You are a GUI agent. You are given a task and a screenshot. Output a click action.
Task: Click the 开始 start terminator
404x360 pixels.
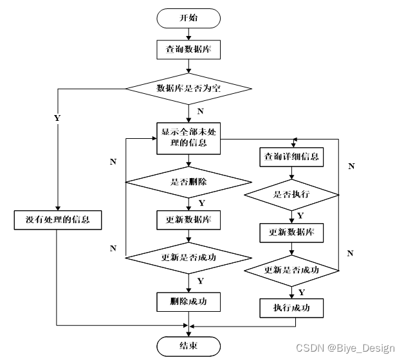point(188,18)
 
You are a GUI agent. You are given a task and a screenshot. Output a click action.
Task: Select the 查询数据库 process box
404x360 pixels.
point(188,50)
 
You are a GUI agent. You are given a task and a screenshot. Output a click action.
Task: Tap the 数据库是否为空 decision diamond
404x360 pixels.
point(188,88)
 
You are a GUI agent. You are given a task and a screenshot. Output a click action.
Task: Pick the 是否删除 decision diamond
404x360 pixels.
point(188,183)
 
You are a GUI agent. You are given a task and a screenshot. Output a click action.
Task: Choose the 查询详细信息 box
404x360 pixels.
point(292,157)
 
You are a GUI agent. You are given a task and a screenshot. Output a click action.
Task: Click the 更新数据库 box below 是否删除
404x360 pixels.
point(188,220)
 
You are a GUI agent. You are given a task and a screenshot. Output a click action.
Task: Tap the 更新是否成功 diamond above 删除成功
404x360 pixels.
point(188,258)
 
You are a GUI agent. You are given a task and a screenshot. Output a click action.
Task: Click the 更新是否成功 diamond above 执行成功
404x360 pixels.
point(292,269)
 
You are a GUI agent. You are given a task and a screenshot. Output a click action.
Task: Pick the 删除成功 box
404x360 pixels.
point(188,301)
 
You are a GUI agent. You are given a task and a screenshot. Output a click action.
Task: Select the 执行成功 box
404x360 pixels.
point(292,308)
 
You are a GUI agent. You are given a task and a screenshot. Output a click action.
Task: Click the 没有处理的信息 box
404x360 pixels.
point(57,221)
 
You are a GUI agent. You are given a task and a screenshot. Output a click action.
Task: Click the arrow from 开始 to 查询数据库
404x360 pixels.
point(188,34)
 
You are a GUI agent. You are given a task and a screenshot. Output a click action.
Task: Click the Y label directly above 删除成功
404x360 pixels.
point(200,281)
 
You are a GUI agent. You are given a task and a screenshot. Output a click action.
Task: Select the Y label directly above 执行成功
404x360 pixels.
point(302,292)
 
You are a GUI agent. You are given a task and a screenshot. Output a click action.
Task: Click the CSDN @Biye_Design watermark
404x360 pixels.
point(345,348)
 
